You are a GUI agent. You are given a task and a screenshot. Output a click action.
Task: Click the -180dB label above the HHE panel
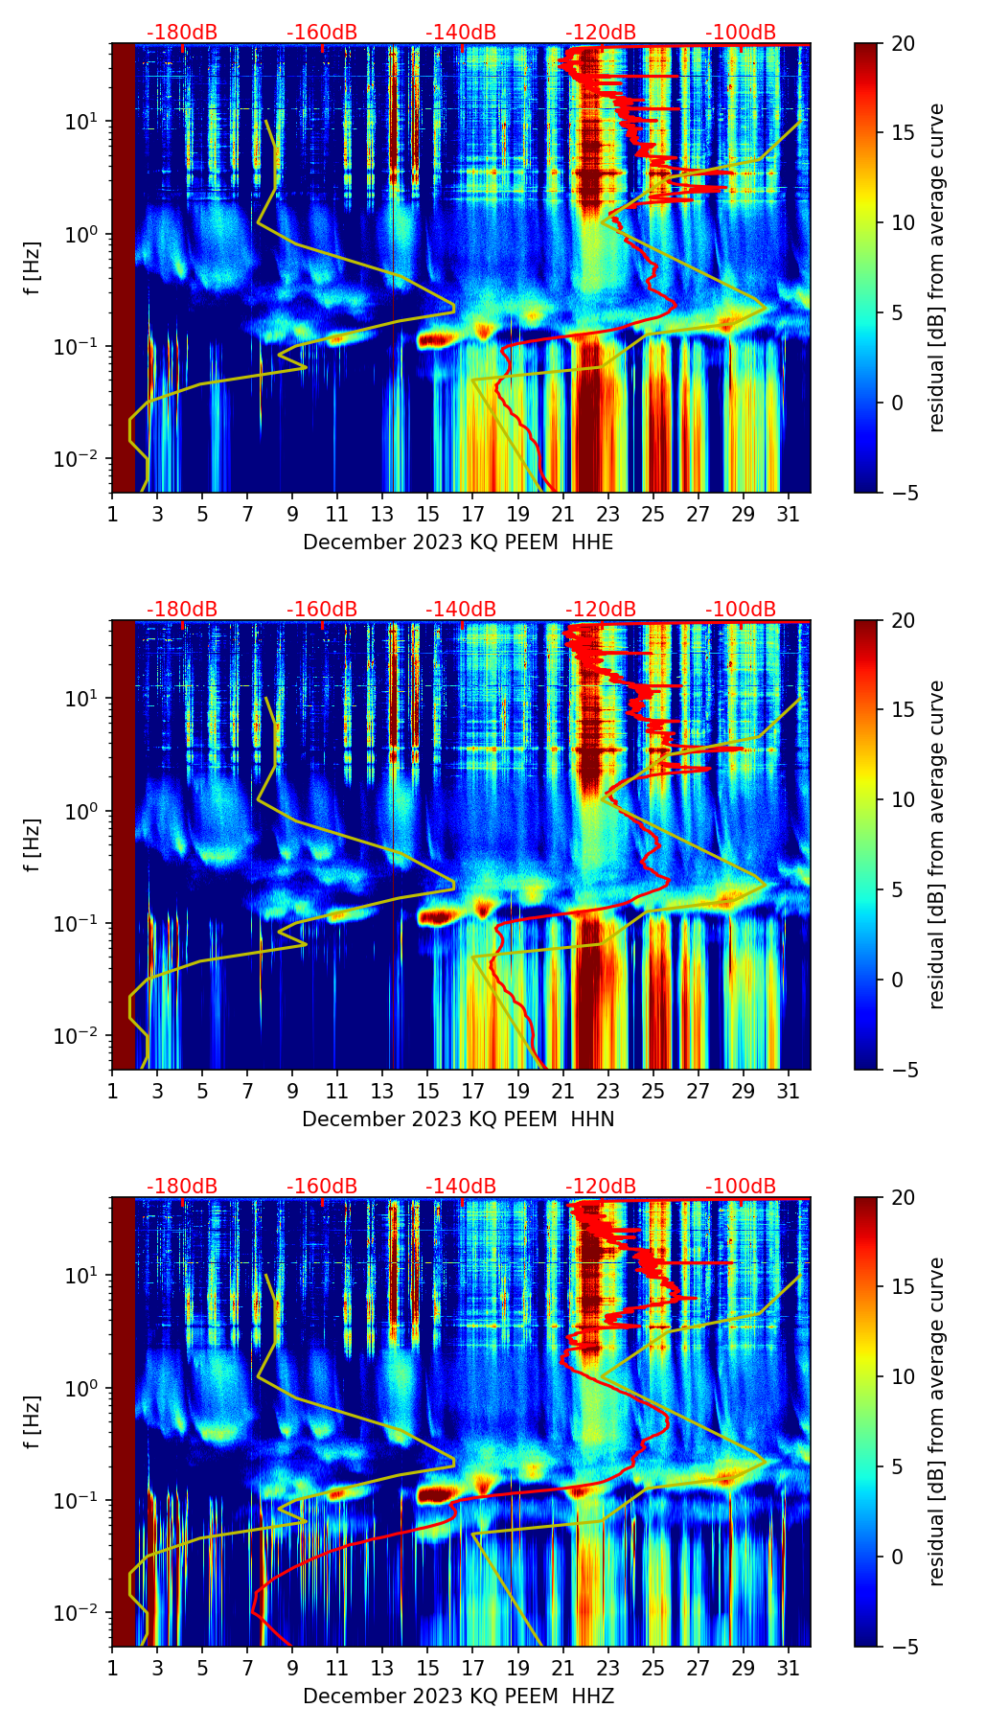[x=182, y=33]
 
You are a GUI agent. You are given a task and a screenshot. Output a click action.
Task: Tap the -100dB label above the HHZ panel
[x=741, y=1187]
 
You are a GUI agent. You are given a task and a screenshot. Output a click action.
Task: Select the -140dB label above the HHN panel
[x=461, y=610]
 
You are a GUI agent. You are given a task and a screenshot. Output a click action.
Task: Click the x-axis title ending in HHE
[x=458, y=542]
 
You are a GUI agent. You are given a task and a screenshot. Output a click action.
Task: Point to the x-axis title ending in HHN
[x=458, y=1119]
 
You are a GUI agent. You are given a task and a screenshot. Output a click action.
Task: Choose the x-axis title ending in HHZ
[x=458, y=1696]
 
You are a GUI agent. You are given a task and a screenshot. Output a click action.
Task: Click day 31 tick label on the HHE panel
[x=788, y=514]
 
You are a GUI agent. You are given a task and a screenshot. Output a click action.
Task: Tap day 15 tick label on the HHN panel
[x=427, y=1091]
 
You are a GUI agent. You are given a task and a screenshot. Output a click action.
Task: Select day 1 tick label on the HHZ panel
[x=112, y=1668]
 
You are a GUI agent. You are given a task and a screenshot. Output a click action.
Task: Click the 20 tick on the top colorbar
[x=904, y=44]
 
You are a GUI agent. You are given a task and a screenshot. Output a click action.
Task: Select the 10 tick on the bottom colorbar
[x=904, y=1377]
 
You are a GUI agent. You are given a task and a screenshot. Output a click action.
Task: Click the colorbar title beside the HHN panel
[x=936, y=844]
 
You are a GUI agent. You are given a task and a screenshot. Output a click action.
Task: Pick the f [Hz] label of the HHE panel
[x=34, y=268]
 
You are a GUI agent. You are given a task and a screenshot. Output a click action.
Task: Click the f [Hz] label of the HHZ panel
[x=34, y=1422]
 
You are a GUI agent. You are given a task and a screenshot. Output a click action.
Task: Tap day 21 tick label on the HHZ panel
[x=562, y=1668]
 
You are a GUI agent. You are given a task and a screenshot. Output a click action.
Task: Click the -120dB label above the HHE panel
[x=601, y=33]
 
